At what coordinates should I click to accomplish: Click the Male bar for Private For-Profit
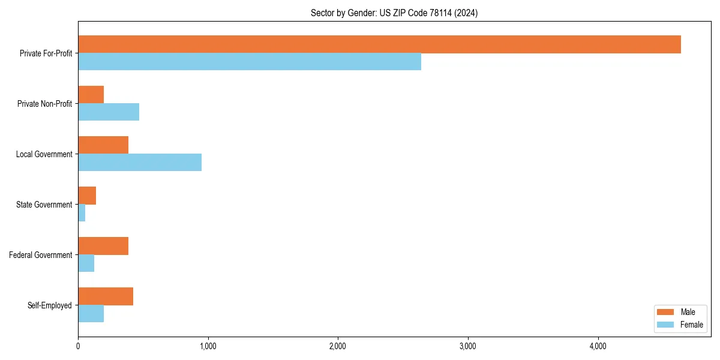click(x=379, y=44)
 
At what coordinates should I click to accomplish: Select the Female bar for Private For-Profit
click(x=250, y=62)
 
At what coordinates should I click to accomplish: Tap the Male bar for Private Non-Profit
click(x=91, y=95)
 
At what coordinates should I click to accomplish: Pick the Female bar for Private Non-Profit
click(x=109, y=112)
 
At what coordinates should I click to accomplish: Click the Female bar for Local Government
click(x=140, y=163)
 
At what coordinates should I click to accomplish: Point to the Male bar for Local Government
click(x=103, y=145)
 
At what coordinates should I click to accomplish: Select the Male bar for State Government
click(x=87, y=196)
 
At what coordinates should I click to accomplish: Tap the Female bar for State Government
click(x=82, y=213)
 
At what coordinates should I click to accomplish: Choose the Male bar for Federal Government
click(x=103, y=246)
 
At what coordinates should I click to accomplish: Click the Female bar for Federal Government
click(x=86, y=263)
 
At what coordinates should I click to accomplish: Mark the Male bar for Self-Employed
click(x=106, y=296)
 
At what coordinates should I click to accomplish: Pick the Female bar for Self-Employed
click(x=91, y=314)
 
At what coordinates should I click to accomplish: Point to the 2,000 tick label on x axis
click(x=338, y=346)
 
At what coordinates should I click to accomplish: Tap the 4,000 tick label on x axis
click(x=598, y=346)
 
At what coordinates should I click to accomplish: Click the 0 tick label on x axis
click(x=78, y=346)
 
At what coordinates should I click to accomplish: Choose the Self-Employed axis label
click(x=50, y=305)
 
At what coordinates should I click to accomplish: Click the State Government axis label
click(x=44, y=205)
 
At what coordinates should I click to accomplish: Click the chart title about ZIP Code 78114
click(x=394, y=13)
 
